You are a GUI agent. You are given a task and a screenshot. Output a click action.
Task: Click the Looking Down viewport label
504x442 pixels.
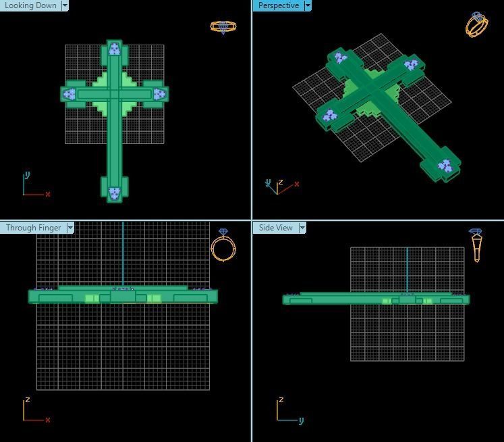[30, 5]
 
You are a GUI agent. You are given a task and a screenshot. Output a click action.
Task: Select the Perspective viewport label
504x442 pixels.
[278, 5]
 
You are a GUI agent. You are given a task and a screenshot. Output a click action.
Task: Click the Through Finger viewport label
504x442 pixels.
[33, 228]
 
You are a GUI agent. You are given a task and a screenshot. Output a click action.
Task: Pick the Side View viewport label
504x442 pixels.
[275, 228]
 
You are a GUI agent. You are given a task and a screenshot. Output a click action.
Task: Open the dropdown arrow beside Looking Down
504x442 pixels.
[65, 5]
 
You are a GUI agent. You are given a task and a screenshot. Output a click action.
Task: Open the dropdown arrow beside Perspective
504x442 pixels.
[308, 5]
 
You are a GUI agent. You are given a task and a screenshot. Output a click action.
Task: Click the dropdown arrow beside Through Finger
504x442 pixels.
[70, 228]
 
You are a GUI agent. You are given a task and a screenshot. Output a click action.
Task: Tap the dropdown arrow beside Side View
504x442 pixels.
[302, 228]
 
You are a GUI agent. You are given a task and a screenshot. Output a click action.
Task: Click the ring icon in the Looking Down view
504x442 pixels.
[223, 27]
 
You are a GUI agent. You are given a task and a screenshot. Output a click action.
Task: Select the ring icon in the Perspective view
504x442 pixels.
[476, 24]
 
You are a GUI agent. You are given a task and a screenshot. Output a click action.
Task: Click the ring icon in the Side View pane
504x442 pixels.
[476, 245]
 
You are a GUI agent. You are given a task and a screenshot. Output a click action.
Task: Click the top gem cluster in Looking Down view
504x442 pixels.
[115, 49]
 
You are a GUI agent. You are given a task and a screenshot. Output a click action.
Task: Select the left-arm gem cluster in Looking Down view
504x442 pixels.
[69, 95]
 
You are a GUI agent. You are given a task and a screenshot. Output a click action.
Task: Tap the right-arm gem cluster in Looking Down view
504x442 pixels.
[159, 95]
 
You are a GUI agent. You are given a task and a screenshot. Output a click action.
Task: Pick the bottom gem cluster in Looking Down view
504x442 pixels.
[115, 193]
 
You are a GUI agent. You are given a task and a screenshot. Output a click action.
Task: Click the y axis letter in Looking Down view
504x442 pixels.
[27, 175]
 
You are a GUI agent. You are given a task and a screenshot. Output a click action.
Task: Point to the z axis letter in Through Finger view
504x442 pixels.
[27, 400]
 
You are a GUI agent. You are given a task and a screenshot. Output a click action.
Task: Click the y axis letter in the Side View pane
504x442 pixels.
[301, 420]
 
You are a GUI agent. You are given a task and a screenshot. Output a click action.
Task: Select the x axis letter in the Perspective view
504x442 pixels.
[297, 184]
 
